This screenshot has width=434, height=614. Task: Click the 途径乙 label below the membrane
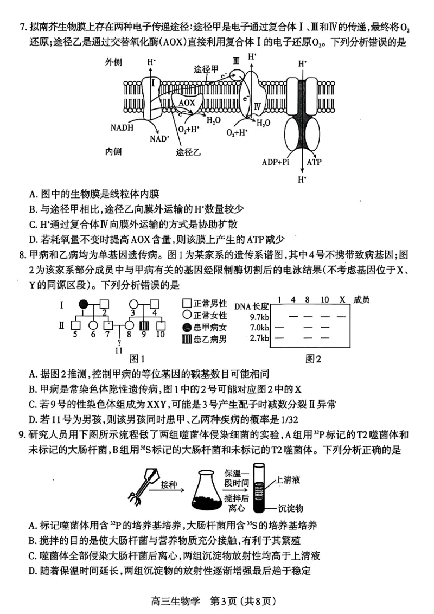pos(188,152)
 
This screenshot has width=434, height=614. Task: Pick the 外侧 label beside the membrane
pos(115,62)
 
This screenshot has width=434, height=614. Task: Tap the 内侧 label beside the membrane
pos(115,151)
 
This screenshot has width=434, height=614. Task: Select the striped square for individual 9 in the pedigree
pos(145,325)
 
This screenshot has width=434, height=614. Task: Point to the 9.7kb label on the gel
pos(259,316)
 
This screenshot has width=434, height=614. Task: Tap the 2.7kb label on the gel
pos(259,338)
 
